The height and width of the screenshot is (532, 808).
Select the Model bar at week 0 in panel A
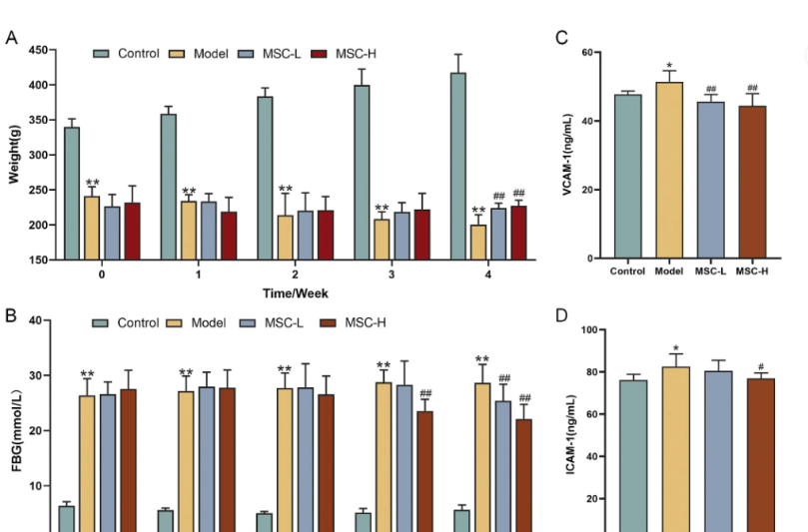pos(92,228)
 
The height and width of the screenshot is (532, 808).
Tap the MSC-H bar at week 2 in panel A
pos(325,236)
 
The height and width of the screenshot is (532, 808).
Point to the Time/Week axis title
pos(296,292)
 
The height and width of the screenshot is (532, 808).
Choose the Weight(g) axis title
pos(15,155)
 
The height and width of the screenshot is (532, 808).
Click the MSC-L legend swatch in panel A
pos(250,53)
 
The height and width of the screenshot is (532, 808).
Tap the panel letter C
pos(561,38)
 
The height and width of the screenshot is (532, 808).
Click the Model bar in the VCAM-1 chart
pos(669,171)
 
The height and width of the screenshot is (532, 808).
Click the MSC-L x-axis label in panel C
pos(711,270)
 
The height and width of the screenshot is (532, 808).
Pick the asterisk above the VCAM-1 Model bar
pos(669,64)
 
